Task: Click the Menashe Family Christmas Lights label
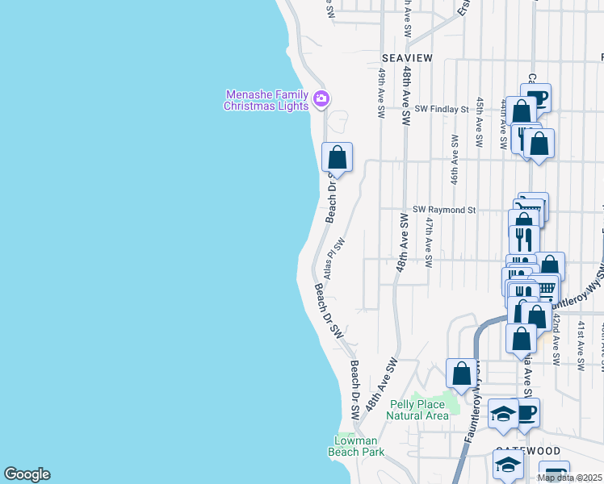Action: (266, 100)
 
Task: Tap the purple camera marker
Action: (321, 99)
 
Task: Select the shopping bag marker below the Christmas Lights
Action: (338, 156)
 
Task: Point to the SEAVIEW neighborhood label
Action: (406, 58)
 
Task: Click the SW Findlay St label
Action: (442, 108)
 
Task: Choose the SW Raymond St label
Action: (444, 210)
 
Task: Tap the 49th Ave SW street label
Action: (382, 90)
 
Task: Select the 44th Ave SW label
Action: (503, 125)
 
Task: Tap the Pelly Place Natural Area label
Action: (417, 410)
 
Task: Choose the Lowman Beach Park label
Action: (355, 446)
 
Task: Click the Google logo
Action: (27, 474)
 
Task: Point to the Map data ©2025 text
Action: (570, 478)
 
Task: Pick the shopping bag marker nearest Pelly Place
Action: (462, 373)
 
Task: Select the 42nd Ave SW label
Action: (556, 339)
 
